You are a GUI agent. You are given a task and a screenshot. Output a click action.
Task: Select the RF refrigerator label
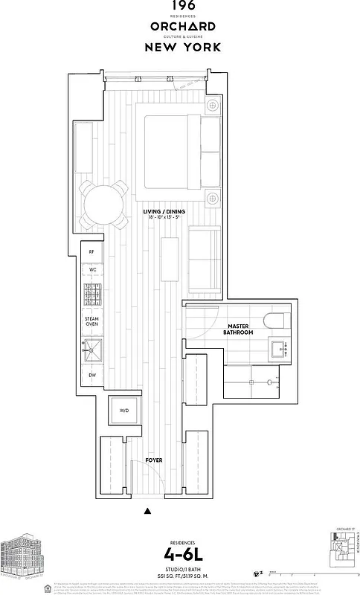91,252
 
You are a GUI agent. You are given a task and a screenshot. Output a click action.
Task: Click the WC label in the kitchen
91,269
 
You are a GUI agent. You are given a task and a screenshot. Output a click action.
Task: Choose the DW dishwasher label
91,375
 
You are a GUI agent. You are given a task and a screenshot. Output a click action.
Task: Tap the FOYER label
154,460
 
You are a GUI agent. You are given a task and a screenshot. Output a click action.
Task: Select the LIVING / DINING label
164,215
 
